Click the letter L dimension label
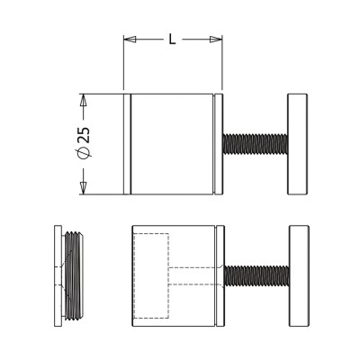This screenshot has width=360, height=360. (172, 40)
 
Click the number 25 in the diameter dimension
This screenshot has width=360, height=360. (84, 135)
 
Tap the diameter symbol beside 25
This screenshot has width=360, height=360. (84, 153)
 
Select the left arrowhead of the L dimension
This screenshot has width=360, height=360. (130, 40)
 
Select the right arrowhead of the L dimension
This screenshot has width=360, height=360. (216, 40)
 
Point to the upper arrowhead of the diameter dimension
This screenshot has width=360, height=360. (83, 101)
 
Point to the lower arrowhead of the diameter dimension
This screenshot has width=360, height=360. (83, 188)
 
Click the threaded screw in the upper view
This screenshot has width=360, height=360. (256, 144)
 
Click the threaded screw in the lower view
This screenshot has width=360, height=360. (256, 275)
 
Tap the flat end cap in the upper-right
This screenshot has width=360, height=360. (298, 144)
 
